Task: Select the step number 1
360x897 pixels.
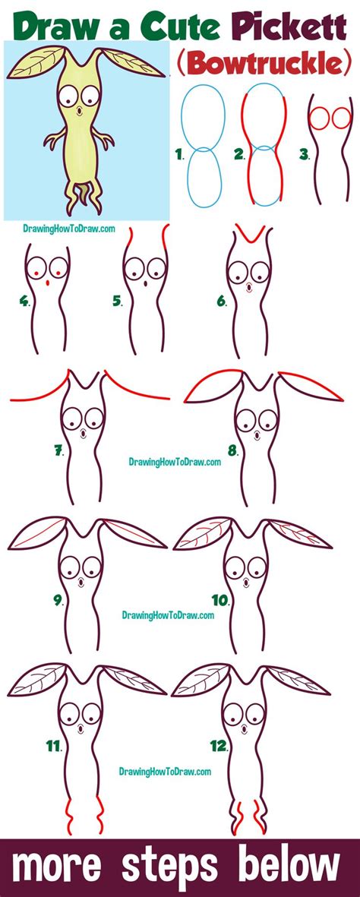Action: (x=179, y=155)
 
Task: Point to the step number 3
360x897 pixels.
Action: (x=304, y=155)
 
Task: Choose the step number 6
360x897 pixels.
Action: (x=222, y=301)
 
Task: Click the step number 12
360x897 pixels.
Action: (x=219, y=747)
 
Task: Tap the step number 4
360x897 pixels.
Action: (x=25, y=301)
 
